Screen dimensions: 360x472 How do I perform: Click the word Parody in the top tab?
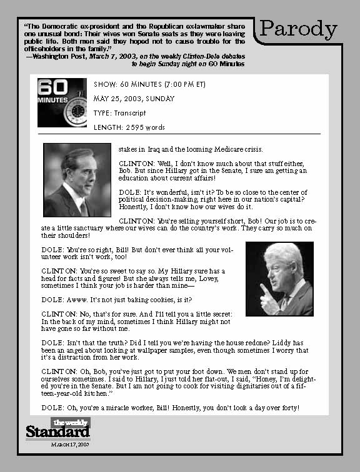pyautogui.click(x=298, y=29)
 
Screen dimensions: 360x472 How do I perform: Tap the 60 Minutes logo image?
pyautogui.click(x=62, y=102)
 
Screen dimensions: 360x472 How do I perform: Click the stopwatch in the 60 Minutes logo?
pyautogui.click(x=78, y=110)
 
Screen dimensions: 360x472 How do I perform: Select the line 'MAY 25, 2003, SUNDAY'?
pyautogui.click(x=134, y=99)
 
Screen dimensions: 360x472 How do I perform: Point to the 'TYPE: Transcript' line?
pyautogui.click(x=119, y=113)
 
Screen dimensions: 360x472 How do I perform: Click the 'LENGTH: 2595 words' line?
pyautogui.click(x=129, y=127)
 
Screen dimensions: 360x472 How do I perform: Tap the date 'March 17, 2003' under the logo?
pyautogui.click(x=70, y=444)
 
